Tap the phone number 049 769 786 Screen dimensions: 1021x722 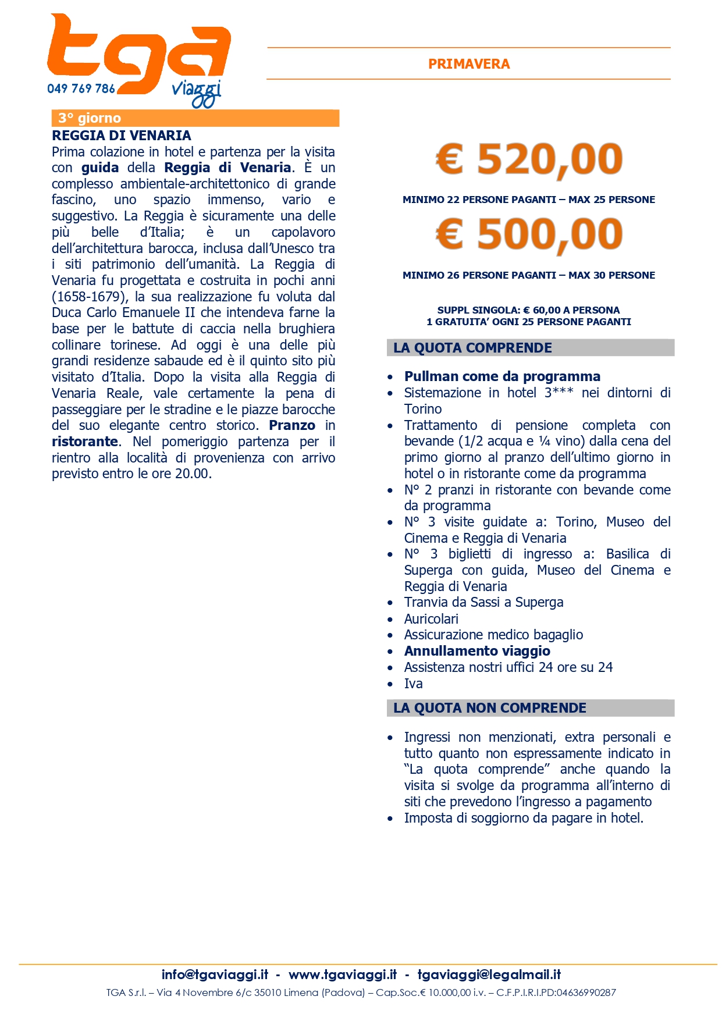pyautogui.click(x=81, y=88)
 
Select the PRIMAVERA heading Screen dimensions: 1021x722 pyautogui.click(x=469, y=64)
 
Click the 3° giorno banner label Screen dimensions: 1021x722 pyautogui.click(x=90, y=118)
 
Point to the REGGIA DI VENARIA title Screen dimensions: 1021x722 pyautogui.click(x=121, y=136)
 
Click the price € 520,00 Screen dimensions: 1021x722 pyautogui.click(x=529, y=159)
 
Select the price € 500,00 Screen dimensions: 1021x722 pyautogui.click(x=529, y=234)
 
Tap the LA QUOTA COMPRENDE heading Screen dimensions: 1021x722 pyautogui.click(x=472, y=348)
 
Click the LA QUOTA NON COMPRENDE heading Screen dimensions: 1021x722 pyautogui.click(x=489, y=708)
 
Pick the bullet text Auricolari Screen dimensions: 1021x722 pyautogui.click(x=431, y=619)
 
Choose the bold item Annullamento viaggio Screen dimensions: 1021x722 pyautogui.click(x=477, y=651)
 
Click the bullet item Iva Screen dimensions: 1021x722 pyautogui.click(x=413, y=684)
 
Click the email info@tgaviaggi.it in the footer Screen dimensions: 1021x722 pyautogui.click(x=215, y=974)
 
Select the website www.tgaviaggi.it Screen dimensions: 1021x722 pyautogui.click(x=343, y=974)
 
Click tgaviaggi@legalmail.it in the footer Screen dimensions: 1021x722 pyautogui.click(x=489, y=974)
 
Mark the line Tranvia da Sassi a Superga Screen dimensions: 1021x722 pyautogui.click(x=483, y=603)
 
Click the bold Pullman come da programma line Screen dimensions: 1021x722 pyautogui.click(x=502, y=376)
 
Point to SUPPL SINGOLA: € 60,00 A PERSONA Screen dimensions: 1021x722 pyautogui.click(x=528, y=310)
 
